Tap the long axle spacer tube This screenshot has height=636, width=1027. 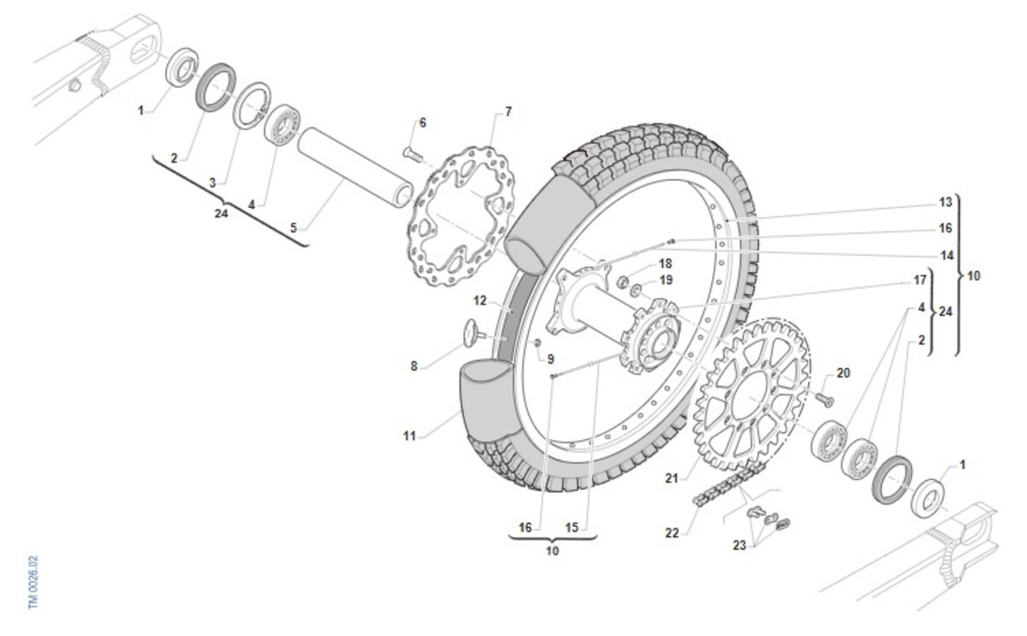355,168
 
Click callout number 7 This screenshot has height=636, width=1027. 508,112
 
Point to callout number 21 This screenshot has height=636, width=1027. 672,478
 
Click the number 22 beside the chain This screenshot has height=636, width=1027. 672,532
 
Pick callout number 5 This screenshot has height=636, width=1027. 294,228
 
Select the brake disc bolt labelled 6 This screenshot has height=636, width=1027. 413,153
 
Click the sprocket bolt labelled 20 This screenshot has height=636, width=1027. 824,399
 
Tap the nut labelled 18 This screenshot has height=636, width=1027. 622,282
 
